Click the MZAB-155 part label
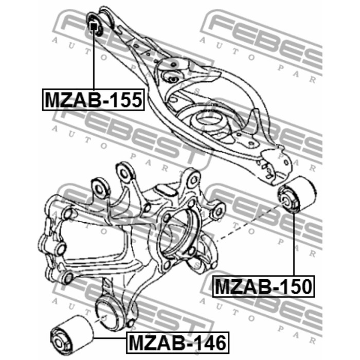[x=93, y=100]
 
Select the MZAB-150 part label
[x=263, y=286]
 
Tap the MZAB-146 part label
[x=177, y=343]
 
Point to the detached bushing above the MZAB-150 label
[x=297, y=195]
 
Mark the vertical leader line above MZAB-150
[x=294, y=244]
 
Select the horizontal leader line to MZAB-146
[x=110, y=338]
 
